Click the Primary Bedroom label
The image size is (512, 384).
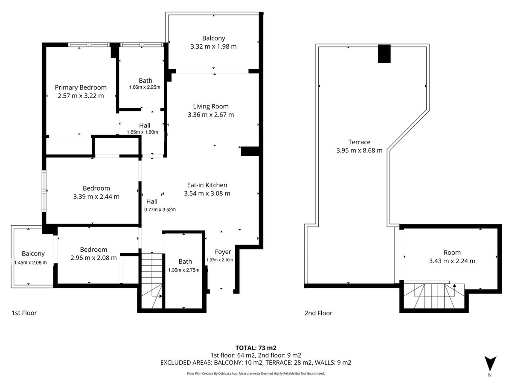[x=81, y=87]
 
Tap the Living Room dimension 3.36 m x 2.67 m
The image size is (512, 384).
[x=211, y=115]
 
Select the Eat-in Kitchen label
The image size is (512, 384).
[x=207, y=185]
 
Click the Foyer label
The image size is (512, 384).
[x=223, y=252]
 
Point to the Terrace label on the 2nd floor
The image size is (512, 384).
[x=359, y=142]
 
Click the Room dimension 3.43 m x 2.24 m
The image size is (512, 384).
[x=452, y=261]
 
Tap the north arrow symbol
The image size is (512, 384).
[x=490, y=364]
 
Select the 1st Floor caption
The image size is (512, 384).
[x=24, y=313]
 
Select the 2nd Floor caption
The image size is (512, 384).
[x=318, y=313]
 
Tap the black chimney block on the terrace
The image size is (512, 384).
[x=384, y=54]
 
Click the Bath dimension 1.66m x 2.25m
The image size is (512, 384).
[x=145, y=87]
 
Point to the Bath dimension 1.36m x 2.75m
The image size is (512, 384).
[x=183, y=270]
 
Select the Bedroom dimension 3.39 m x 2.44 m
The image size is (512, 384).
[x=96, y=197]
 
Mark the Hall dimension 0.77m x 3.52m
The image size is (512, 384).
[x=160, y=209]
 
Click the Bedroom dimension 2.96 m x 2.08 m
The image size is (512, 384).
[x=93, y=258]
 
